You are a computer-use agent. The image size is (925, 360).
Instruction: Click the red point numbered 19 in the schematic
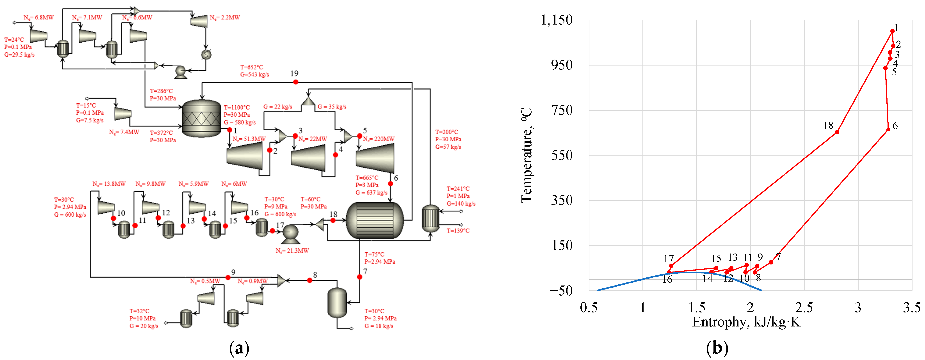coord(295,82)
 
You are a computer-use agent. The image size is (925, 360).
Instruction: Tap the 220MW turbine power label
coord(379,139)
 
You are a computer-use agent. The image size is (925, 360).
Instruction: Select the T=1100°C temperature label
coord(237,108)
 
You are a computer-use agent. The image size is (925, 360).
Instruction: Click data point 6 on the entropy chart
coord(888,129)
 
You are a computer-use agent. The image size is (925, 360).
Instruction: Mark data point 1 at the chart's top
coord(892,31)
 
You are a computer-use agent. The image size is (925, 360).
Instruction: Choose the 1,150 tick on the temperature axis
coord(557,20)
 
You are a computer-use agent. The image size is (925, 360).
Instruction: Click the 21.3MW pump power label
coord(292,250)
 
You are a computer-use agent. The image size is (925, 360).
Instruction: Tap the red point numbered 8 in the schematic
coord(310,280)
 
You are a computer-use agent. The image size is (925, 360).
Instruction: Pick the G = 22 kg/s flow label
coord(277,107)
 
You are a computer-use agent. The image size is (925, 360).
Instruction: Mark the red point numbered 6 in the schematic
coord(390,184)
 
